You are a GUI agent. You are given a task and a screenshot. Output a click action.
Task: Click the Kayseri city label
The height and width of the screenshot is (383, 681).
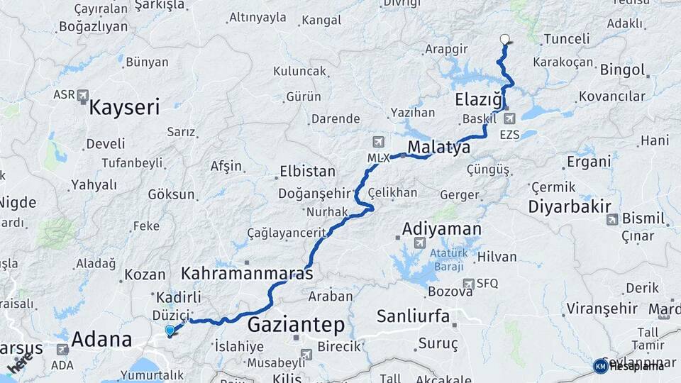click(x=124, y=108)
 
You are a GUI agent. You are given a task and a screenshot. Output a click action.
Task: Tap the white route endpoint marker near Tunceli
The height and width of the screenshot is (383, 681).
click(x=504, y=40)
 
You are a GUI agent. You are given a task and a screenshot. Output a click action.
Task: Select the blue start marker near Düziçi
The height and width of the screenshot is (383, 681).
click(x=170, y=330)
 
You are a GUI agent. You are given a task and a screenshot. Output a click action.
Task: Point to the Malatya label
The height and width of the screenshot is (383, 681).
click(x=438, y=148)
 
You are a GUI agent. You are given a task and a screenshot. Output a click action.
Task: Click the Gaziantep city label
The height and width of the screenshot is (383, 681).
click(x=296, y=326)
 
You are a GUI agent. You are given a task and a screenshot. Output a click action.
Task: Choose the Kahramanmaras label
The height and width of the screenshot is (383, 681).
click(x=247, y=273)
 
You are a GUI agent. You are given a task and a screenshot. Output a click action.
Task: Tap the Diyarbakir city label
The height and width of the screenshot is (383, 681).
click(x=569, y=207)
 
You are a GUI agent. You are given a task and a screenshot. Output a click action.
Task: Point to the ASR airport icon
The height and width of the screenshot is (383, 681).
click(x=83, y=94)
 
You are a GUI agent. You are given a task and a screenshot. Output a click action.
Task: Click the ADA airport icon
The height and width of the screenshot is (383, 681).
click(x=62, y=349)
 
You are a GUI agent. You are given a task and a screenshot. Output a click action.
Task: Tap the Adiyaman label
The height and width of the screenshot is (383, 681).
click(x=441, y=229)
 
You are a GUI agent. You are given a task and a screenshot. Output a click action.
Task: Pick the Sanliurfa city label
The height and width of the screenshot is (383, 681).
click(x=413, y=316)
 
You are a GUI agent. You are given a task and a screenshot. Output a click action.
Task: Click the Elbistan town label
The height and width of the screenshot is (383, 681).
click(x=307, y=172)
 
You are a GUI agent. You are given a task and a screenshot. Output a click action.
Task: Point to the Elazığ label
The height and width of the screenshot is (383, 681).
click(x=479, y=101)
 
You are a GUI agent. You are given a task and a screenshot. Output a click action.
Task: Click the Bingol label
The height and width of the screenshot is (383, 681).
click(x=622, y=70)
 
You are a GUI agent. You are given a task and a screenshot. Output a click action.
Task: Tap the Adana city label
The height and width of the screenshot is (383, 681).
click(x=101, y=339)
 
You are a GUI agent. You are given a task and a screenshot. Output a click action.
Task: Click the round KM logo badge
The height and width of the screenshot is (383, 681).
click(x=600, y=366)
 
